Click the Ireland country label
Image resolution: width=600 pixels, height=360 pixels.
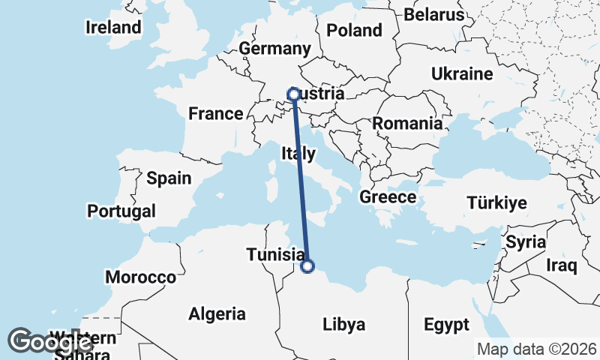coord(113,28)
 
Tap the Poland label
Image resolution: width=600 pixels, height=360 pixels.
coord(355,31)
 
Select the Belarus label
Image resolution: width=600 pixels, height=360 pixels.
coord(434,14)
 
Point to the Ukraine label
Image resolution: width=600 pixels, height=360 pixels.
coord(461,73)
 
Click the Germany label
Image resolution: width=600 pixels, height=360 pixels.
coord(274,49)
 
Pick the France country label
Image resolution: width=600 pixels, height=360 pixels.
coord(216,114)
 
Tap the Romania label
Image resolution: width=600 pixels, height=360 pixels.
coord(407,123)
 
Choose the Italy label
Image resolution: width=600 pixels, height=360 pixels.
coord(298,154)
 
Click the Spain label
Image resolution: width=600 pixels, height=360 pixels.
coord(169,178)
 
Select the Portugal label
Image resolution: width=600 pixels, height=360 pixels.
coord(121,211)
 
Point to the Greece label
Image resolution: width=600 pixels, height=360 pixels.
coord(388,197)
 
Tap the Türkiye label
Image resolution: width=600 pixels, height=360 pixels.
coord(496,202)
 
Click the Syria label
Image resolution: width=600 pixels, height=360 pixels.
coord(520,242)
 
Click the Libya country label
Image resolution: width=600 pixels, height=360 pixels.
coord(343,325)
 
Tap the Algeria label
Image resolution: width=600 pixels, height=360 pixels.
coord(217,313)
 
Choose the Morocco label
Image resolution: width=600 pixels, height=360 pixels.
coord(140,277)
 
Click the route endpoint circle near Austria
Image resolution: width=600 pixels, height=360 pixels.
coord(294,94)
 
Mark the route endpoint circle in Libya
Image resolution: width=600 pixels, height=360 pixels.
coord(307,265)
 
